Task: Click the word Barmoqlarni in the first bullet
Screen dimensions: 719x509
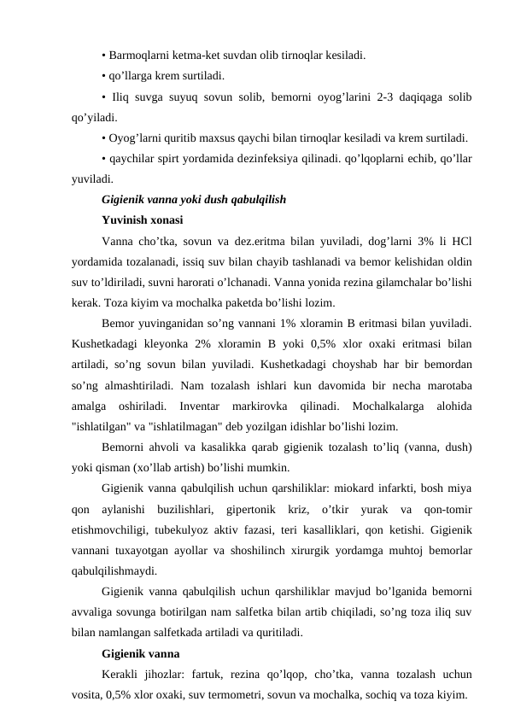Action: click(x=137, y=56)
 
